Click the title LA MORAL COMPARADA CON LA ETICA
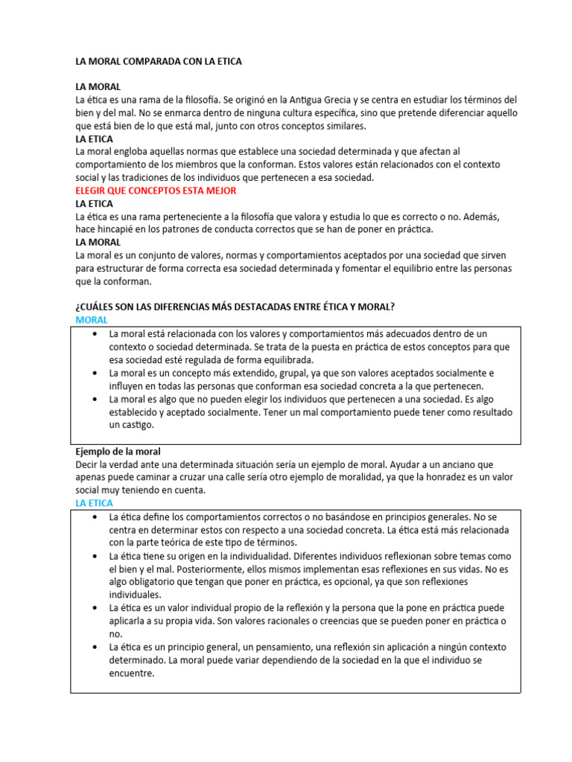(159, 63)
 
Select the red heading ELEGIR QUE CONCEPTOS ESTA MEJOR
(156, 190)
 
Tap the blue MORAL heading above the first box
(92, 319)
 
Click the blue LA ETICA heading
(95, 504)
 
